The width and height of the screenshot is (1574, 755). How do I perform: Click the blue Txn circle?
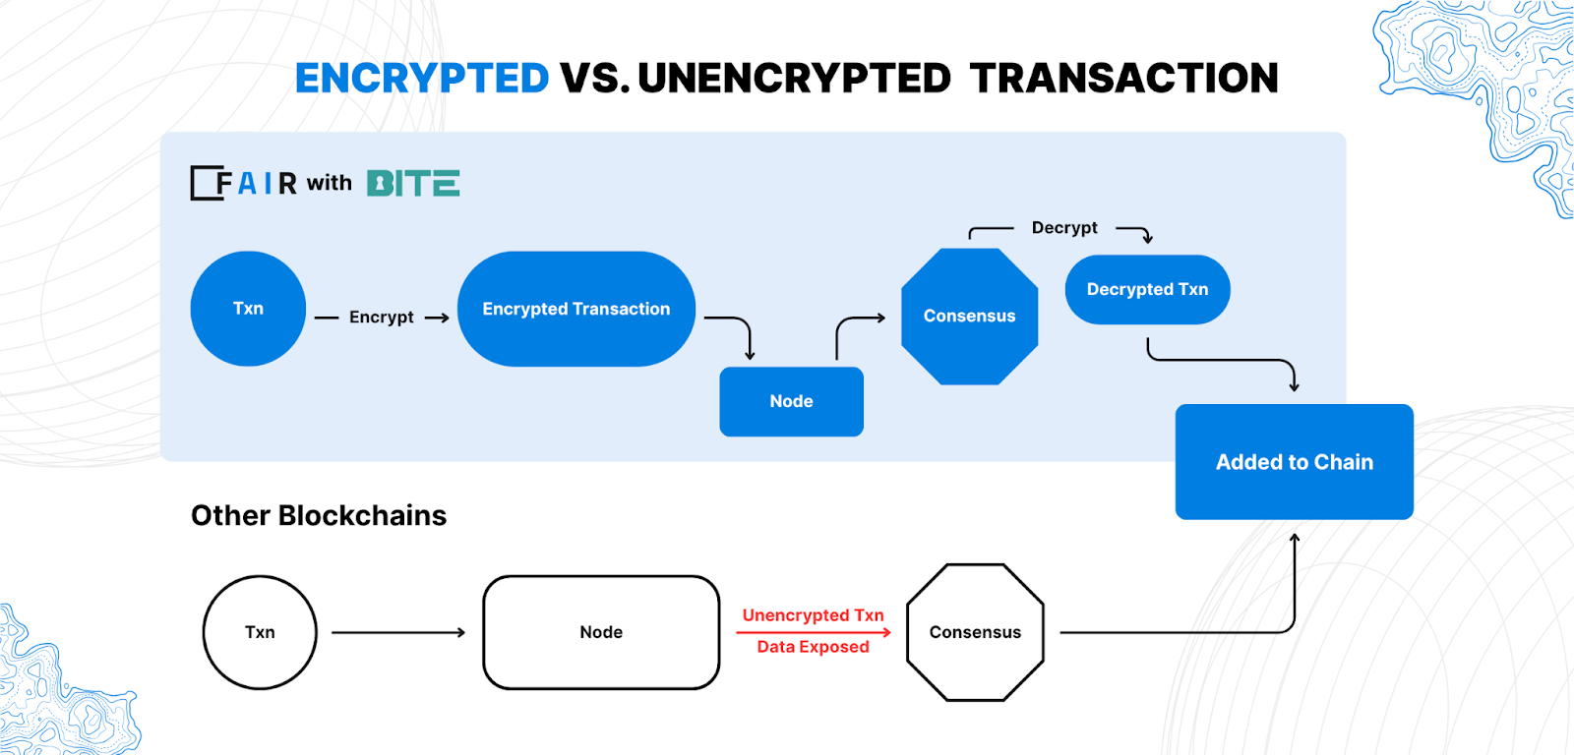point(248,309)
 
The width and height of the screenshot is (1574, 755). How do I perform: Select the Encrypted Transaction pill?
point(576,309)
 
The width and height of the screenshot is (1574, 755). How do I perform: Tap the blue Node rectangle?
point(791,402)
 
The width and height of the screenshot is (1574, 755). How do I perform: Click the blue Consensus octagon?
point(970,316)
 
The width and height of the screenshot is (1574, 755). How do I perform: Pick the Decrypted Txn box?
point(1147,289)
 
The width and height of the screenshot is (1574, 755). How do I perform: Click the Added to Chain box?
point(1295,461)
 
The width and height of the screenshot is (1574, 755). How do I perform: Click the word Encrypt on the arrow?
point(382,318)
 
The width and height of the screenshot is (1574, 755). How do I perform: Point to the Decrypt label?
point(1064,227)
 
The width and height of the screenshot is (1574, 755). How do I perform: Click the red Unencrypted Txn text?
point(813,615)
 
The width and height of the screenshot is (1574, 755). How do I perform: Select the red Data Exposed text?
point(813,647)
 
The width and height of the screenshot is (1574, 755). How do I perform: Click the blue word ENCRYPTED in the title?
point(422,78)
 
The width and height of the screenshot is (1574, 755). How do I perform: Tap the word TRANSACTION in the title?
point(1124,78)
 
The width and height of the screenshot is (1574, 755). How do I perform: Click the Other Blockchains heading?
point(319,515)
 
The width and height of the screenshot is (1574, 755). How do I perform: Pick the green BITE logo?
point(413,183)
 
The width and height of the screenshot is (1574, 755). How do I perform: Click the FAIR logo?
point(243,183)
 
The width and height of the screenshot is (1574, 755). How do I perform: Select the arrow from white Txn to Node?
point(398,633)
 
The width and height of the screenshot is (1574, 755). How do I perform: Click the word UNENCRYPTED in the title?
point(794,78)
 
